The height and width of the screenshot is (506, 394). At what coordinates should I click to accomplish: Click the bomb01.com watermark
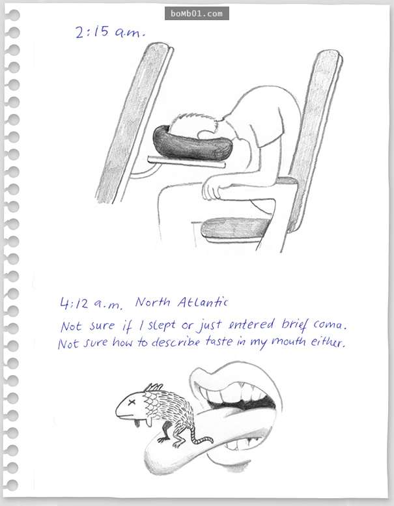point(197,14)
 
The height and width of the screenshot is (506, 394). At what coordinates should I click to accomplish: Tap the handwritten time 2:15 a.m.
point(110,32)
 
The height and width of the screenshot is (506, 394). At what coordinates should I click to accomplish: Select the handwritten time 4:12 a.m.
point(91,303)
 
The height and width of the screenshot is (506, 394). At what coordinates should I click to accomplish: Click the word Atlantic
point(203,302)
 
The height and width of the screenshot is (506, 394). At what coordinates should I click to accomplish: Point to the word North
point(152,302)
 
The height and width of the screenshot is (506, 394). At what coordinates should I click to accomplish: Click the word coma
point(330,324)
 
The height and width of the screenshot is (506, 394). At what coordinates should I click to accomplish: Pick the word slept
point(162,326)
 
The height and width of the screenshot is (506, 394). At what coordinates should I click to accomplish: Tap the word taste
point(219,341)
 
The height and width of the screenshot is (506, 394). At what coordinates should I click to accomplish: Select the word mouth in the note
point(288,341)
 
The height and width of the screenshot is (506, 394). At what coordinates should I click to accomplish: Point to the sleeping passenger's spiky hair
point(193,122)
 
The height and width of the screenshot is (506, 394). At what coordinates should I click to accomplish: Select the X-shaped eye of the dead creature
point(132,402)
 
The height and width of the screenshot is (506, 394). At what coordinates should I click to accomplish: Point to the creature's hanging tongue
point(137,423)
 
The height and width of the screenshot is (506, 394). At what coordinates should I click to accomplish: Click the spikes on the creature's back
point(154,387)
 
